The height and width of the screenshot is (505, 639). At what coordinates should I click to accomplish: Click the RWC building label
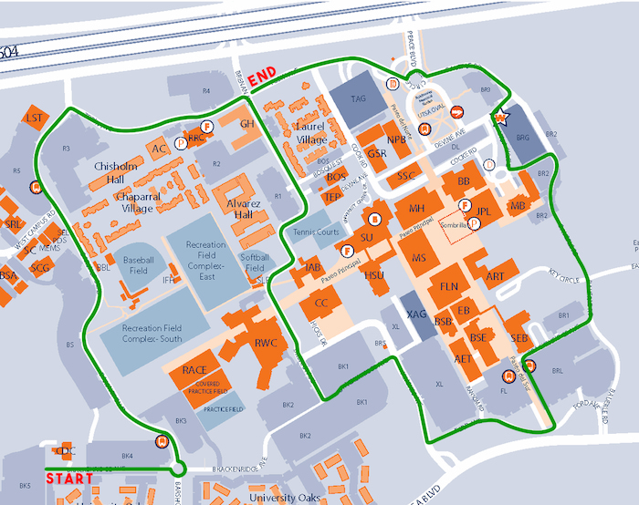(x=267, y=343)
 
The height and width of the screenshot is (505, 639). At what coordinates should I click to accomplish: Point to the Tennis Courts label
(x=316, y=232)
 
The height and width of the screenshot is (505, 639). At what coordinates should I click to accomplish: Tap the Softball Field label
(x=255, y=263)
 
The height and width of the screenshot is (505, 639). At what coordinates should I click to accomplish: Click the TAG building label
(x=358, y=98)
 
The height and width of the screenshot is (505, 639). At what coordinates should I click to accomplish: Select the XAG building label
(x=416, y=314)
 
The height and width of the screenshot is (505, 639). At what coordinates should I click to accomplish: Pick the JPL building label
(x=485, y=211)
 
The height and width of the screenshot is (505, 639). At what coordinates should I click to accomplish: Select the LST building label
(x=35, y=119)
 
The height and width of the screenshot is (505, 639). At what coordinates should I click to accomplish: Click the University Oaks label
(x=285, y=498)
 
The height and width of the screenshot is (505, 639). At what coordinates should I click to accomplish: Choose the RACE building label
(x=194, y=369)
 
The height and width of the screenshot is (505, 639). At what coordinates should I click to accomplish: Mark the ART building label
(x=496, y=276)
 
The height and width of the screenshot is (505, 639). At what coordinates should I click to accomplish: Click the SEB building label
(x=519, y=338)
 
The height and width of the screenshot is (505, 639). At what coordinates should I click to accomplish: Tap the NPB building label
(x=396, y=139)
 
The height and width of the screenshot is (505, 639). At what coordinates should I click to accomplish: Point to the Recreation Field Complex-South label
(x=141, y=333)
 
